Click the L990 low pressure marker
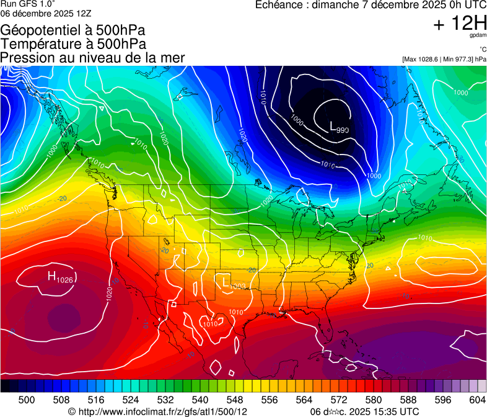(339, 128)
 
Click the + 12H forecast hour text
(460, 24)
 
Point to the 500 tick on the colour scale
(27, 400)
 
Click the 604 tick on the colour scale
(478, 400)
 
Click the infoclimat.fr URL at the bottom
(158, 411)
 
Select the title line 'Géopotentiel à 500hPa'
(73, 30)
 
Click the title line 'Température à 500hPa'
(73, 44)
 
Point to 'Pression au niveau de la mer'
(92, 58)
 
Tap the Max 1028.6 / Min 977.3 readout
(444, 59)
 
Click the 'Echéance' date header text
(366, 6)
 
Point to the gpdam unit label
(478, 36)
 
